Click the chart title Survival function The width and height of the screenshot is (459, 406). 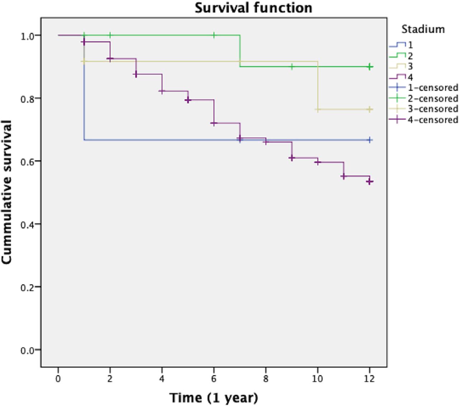(253, 8)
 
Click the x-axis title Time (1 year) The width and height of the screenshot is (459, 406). (214, 397)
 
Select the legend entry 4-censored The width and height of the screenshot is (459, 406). (432, 120)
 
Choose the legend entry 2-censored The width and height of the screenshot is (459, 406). (432, 98)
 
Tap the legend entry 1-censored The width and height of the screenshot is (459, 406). (432, 88)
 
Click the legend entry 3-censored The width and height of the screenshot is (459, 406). (432, 109)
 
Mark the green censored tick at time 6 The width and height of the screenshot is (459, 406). (214, 35)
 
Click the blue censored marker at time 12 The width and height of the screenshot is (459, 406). (370, 140)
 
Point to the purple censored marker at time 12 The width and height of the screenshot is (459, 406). (370, 182)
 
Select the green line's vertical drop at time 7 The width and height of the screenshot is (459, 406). (240, 51)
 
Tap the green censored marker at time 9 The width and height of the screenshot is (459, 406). (292, 67)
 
